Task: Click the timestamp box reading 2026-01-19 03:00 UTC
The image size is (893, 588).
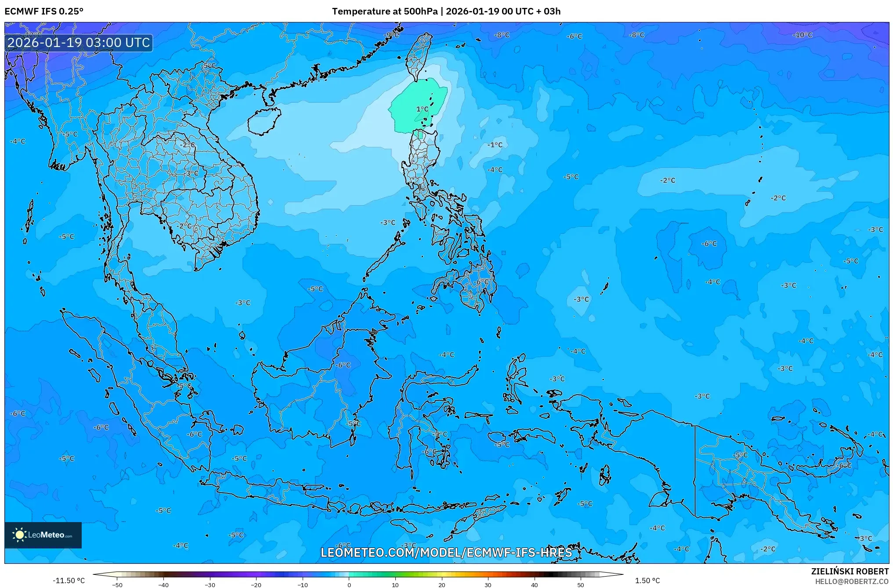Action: [x=79, y=43]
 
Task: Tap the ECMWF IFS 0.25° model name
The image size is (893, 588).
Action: [x=44, y=11]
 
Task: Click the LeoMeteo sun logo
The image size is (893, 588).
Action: [x=19, y=535]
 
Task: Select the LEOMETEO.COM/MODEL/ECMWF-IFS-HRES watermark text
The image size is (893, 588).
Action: [x=446, y=552]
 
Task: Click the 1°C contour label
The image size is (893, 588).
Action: [x=422, y=109]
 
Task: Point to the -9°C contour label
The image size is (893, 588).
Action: [x=391, y=35]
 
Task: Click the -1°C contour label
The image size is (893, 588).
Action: [x=495, y=145]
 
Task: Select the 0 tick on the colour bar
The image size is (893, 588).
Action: [x=349, y=584]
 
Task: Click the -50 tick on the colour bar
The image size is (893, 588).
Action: [x=117, y=584]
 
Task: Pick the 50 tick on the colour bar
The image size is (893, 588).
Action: [x=581, y=584]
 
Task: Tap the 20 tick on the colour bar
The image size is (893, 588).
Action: [x=441, y=584]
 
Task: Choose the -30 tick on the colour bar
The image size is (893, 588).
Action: [x=210, y=584]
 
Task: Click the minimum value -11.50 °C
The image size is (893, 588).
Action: [x=69, y=581]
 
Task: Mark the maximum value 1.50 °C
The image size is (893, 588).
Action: [x=647, y=581]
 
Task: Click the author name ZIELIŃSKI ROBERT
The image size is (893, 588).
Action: [x=850, y=571]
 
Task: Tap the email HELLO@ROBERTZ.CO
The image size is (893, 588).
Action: [x=852, y=581]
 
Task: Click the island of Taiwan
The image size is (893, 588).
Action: [x=418, y=57]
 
